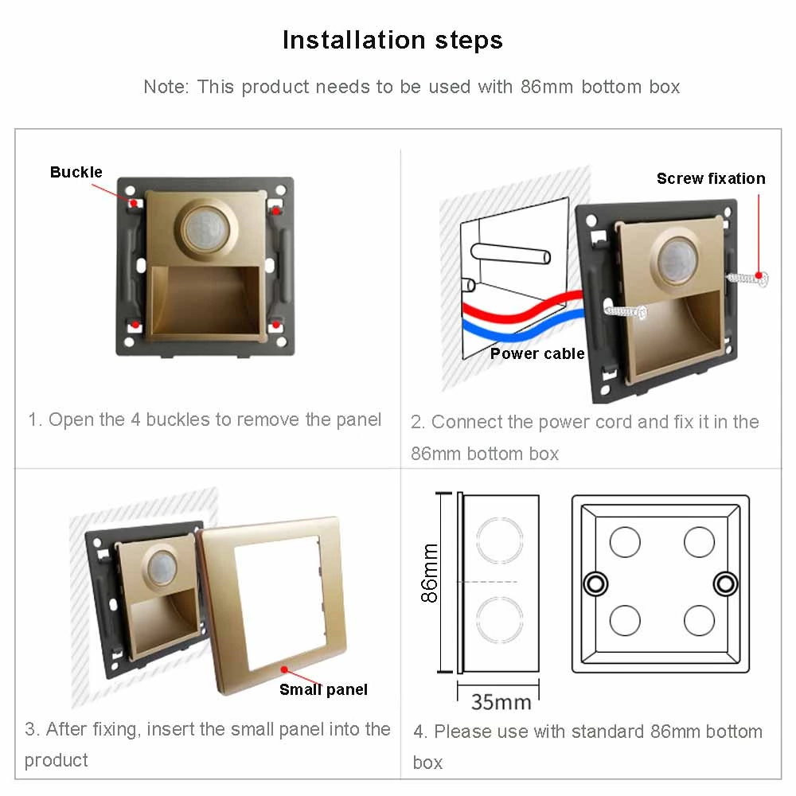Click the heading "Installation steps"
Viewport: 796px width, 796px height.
pos(392,40)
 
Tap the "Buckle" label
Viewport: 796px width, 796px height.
pos(76,172)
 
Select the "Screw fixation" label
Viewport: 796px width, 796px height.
pos(711,178)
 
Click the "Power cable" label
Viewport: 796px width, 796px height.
pos(537,353)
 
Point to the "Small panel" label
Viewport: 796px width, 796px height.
pos(323,689)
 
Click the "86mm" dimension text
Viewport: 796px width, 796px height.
pos(430,573)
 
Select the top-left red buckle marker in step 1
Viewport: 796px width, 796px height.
pos(135,205)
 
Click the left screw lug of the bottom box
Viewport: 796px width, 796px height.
pos(594,583)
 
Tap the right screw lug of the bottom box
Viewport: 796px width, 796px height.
pos(725,583)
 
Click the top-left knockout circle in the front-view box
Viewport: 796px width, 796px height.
pos(625,542)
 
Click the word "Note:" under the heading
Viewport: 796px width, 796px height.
pos(166,87)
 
